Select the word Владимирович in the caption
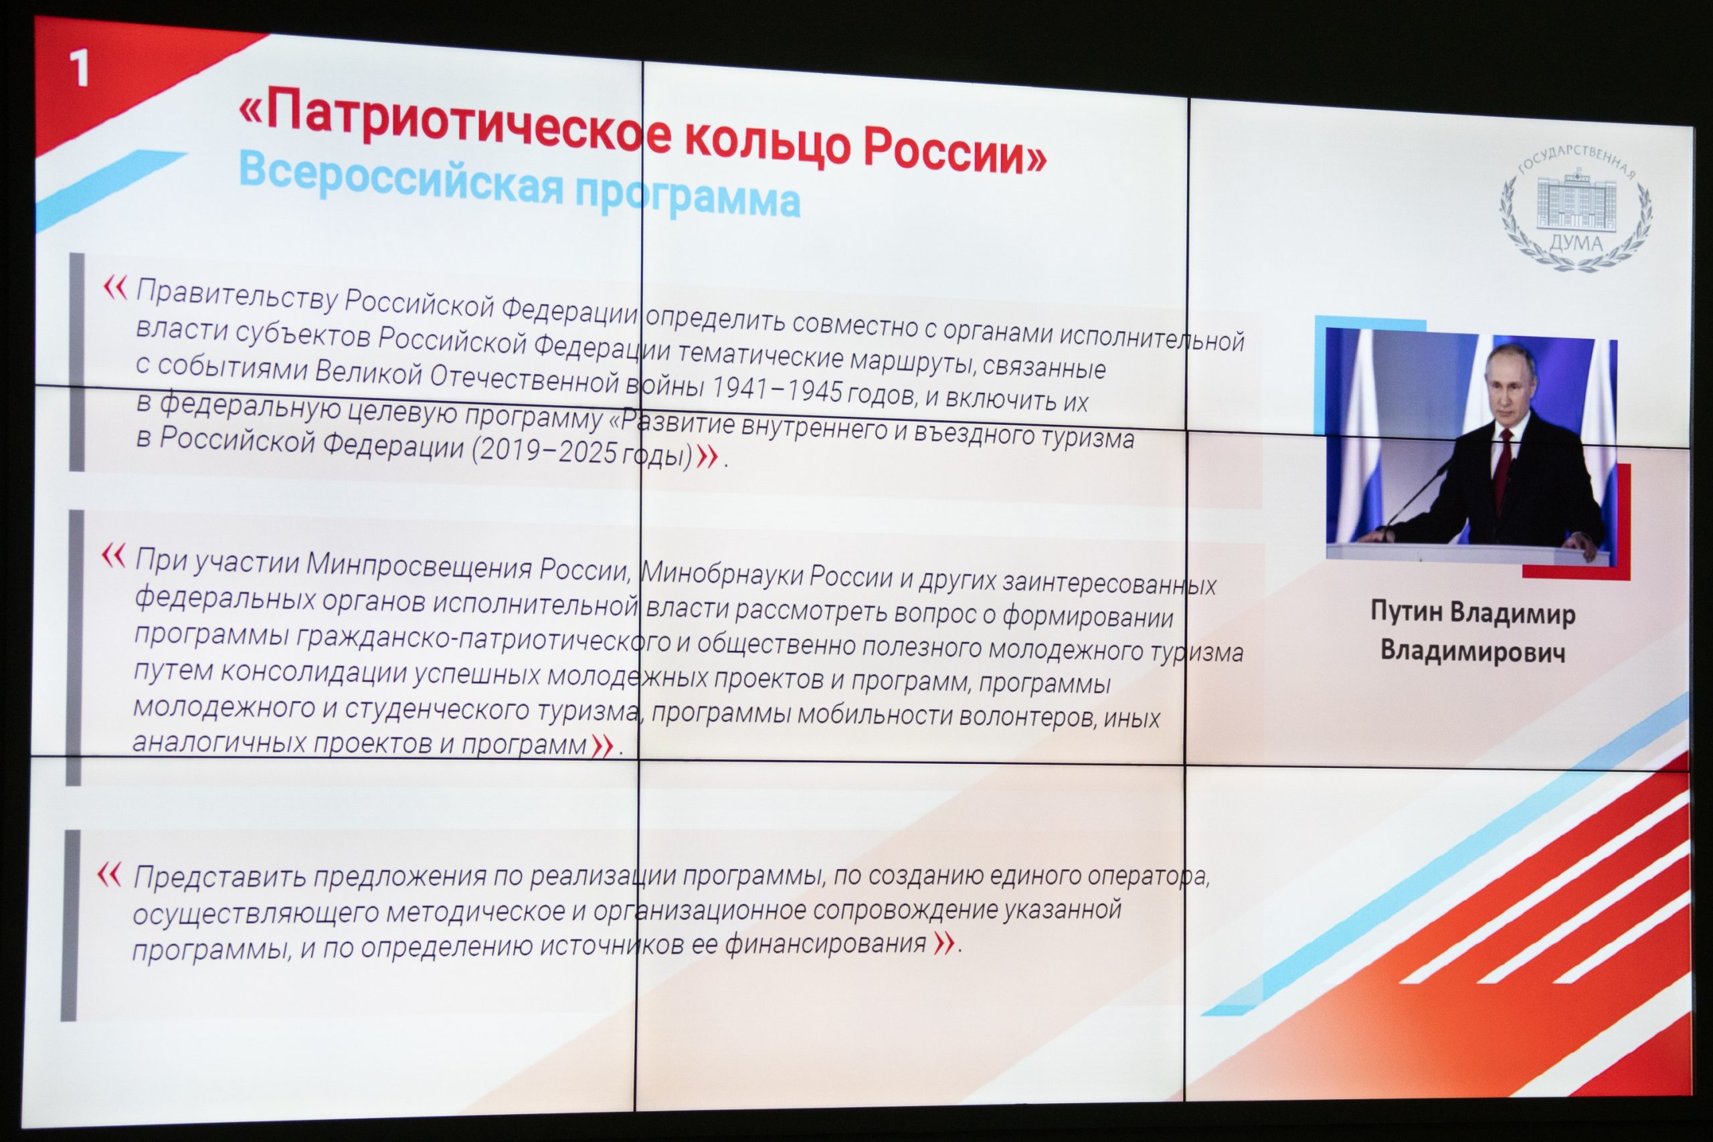pyautogui.click(x=1473, y=650)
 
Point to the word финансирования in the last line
pyautogui.click(x=826, y=944)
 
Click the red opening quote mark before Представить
pyautogui.click(x=109, y=874)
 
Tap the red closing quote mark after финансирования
pyautogui.click(x=944, y=943)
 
